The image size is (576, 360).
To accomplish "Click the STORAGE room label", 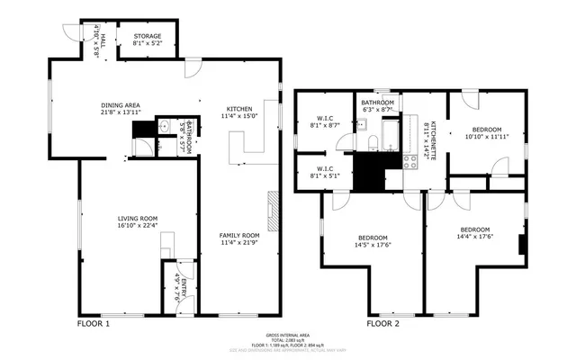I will [x=147, y=36].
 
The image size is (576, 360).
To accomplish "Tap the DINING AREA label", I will [x=120, y=105].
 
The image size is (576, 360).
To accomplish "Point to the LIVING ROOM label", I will [x=138, y=219].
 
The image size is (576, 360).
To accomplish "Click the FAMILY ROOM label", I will [x=239, y=236].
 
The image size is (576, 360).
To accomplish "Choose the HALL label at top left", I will [x=103, y=40].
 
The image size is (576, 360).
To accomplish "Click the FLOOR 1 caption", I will [x=94, y=323].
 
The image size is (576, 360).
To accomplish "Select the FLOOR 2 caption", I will [x=383, y=323].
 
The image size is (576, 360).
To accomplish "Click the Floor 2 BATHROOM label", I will [x=378, y=103].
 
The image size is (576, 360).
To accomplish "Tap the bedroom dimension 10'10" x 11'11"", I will [x=487, y=137].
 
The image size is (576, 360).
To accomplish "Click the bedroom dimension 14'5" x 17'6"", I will [x=371, y=245].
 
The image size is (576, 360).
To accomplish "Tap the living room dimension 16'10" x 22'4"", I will [x=138, y=226].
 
